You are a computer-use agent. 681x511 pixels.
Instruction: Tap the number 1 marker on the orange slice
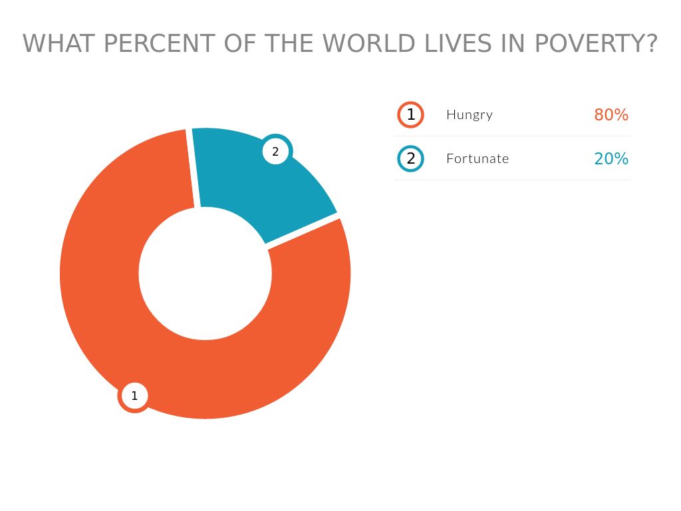(134, 396)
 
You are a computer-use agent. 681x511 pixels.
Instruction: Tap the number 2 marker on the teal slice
(275, 152)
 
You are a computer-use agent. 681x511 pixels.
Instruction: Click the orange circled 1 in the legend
(410, 114)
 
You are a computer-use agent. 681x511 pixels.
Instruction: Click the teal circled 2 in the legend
(410, 158)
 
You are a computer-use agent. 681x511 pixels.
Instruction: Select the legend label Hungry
(470, 114)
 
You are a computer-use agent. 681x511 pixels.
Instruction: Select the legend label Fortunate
(477, 158)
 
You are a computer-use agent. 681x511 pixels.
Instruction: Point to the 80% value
(611, 114)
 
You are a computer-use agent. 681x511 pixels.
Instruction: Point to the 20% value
(611, 158)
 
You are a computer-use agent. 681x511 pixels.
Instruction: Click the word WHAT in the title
(59, 44)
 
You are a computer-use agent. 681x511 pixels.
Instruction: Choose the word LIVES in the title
(456, 44)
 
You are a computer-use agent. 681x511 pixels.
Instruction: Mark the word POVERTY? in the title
(596, 44)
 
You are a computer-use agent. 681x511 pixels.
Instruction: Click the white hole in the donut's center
(205, 273)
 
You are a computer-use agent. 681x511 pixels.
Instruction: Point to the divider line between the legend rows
(512, 136)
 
